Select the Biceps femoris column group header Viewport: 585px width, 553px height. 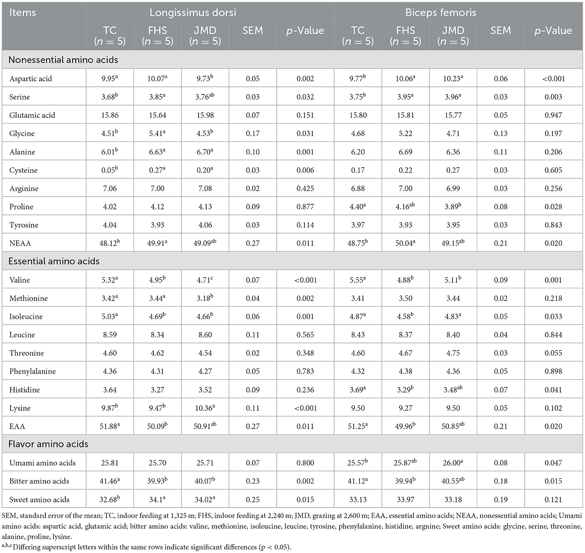[440, 12]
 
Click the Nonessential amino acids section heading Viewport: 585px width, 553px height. [63, 60]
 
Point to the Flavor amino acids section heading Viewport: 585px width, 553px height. [49, 444]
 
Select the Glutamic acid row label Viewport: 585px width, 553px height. [32, 115]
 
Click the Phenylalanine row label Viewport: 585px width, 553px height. [33, 371]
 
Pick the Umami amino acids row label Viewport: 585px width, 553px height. [43, 463]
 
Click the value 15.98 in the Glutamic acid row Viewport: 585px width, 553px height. [205, 115]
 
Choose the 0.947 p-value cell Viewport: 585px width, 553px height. [553, 115]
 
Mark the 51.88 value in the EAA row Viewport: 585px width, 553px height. [109, 426]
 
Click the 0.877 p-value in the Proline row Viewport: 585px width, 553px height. [305, 207]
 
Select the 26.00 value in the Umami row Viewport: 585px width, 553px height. [452, 463]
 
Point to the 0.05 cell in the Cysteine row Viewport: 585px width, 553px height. [109, 170]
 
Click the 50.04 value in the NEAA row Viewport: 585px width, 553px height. [405, 243]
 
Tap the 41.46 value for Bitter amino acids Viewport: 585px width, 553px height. [109, 481]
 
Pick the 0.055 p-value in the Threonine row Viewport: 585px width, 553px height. [553, 353]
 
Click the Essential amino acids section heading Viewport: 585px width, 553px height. [54, 261]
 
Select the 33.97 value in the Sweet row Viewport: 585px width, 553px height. [405, 500]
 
